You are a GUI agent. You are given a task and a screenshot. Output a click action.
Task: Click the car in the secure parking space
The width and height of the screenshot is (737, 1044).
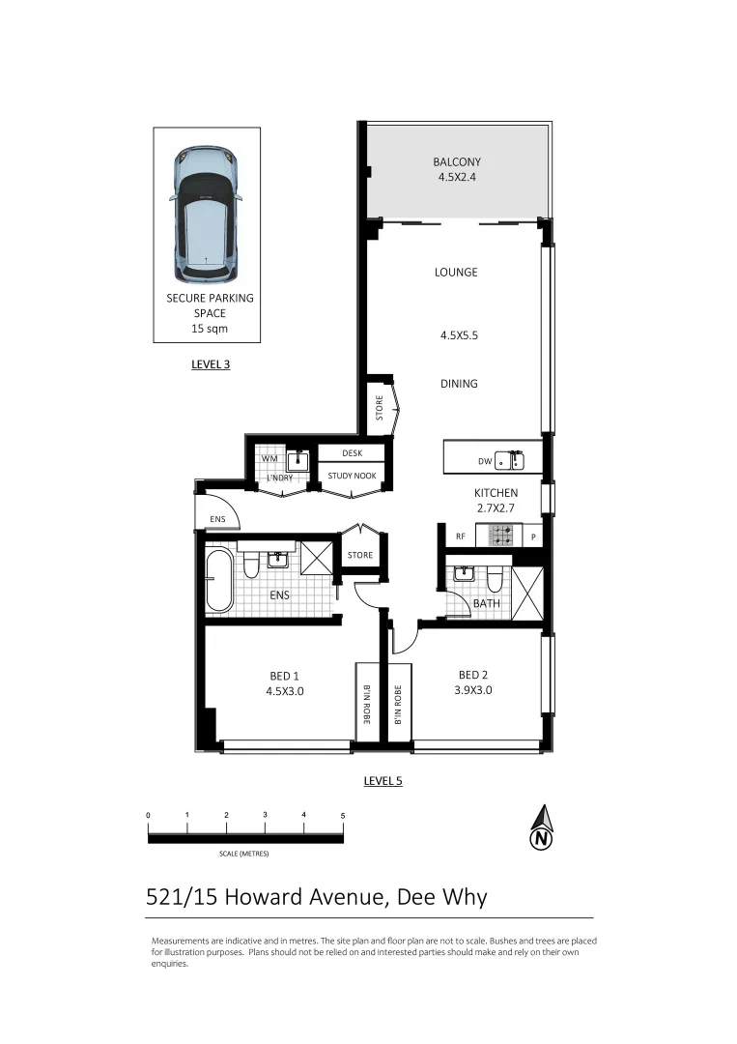206,210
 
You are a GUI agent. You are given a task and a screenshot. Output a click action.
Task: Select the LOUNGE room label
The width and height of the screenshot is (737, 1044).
456,273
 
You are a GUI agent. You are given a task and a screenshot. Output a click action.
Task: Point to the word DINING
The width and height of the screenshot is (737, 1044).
459,384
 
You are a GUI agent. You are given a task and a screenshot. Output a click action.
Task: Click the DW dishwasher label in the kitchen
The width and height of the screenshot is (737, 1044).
485,462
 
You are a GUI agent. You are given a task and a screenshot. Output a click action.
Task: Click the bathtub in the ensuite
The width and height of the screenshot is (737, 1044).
219,580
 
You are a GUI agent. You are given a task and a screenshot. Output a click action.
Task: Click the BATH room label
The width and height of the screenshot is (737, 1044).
485,604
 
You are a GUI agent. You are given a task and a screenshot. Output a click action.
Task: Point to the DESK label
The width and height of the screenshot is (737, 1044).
353,452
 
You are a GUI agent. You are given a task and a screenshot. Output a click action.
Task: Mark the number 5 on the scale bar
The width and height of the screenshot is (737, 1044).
343,815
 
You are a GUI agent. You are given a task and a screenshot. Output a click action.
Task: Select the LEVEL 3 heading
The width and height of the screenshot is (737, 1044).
211,365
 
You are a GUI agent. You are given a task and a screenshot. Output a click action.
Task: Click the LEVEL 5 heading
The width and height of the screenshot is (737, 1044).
383,780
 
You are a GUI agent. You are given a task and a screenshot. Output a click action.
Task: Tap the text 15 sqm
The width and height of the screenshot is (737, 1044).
210,329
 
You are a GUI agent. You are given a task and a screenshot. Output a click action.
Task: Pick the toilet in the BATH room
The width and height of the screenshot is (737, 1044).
495,579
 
